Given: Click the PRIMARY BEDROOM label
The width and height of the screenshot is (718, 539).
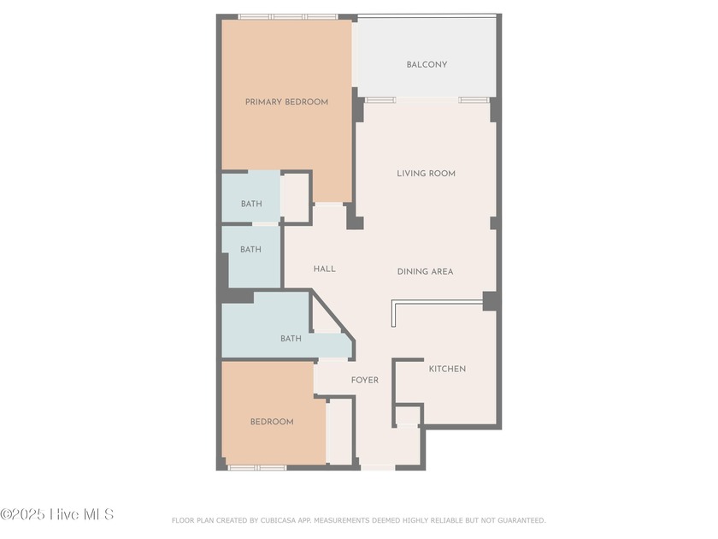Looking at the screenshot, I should coord(286,102).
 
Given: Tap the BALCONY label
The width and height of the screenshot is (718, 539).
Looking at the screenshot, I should coord(427,64).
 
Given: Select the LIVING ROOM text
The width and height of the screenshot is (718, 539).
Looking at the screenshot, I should coord(426,174).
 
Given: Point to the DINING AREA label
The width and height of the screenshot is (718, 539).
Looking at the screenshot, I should coord(425,271).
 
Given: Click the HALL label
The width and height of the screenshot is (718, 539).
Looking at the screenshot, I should coord(324,269).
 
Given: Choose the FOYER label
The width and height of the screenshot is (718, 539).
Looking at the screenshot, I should coord(364,380).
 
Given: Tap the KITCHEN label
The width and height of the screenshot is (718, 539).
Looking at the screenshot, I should coord(447,369).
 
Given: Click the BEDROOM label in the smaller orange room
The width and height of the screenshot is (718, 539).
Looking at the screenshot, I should coord(272,422).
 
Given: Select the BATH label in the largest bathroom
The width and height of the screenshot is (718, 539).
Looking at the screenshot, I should coord(291,339).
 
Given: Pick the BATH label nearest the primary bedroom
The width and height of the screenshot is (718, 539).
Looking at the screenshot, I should coord(250,204).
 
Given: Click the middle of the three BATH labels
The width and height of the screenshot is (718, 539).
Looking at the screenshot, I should coord(250,250).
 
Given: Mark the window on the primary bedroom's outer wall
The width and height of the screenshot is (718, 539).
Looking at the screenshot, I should coord(287,16).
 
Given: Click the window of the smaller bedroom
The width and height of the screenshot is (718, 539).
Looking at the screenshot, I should coord(257,467).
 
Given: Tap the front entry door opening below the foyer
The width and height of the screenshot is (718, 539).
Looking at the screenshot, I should coord(378,467).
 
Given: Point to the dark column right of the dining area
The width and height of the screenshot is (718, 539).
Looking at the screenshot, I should coord(490,301).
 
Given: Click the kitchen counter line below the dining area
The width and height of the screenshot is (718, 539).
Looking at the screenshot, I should coord(436,301).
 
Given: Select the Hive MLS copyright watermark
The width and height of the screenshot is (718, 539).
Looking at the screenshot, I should coord(56,514).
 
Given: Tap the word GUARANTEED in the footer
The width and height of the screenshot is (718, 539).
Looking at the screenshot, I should coord(518,520).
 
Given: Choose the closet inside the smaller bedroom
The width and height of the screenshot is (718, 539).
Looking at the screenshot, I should coord(339,431).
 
